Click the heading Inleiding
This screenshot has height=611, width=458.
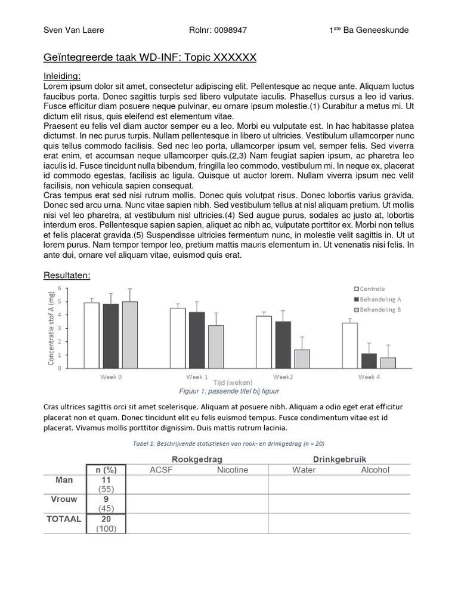[x=62, y=76]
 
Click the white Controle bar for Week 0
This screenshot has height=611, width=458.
[x=91, y=335]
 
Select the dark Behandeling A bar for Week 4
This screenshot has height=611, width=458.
[x=369, y=360]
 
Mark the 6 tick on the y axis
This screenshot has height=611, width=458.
[x=58, y=288]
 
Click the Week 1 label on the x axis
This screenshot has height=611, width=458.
[x=197, y=377]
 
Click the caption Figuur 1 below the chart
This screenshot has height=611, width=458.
[x=229, y=391]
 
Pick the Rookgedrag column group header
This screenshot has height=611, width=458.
[x=196, y=459]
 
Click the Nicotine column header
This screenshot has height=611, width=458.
[x=232, y=470]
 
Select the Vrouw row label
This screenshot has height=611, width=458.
[x=66, y=499]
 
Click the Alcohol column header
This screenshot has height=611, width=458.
[x=375, y=470]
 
